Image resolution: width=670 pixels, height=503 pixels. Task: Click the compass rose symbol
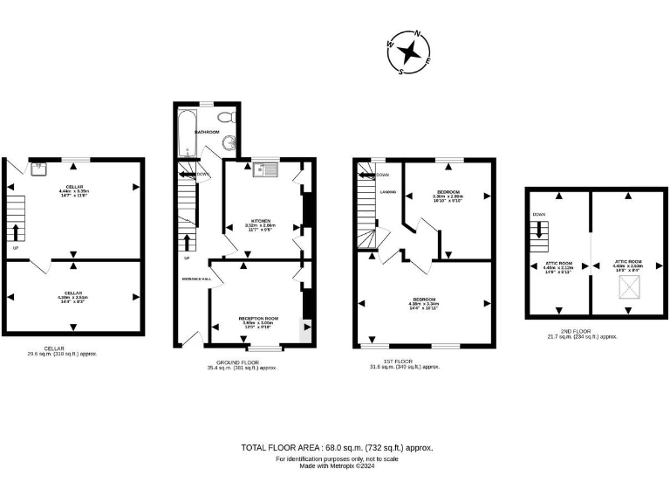408,53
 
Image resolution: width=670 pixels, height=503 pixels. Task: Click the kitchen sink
264,167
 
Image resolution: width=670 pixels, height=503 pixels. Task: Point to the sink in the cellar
39,168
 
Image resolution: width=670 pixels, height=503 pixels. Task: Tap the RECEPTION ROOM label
258,318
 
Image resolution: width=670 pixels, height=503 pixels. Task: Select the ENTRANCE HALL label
195,279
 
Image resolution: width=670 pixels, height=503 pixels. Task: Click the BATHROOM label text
207,132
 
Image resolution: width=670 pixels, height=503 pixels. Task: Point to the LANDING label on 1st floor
388,191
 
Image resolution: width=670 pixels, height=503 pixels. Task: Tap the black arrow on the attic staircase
539,231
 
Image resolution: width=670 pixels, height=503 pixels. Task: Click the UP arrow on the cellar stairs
16,232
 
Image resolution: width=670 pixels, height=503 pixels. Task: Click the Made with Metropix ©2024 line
337,465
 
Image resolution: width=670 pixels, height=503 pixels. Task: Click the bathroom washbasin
229,144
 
